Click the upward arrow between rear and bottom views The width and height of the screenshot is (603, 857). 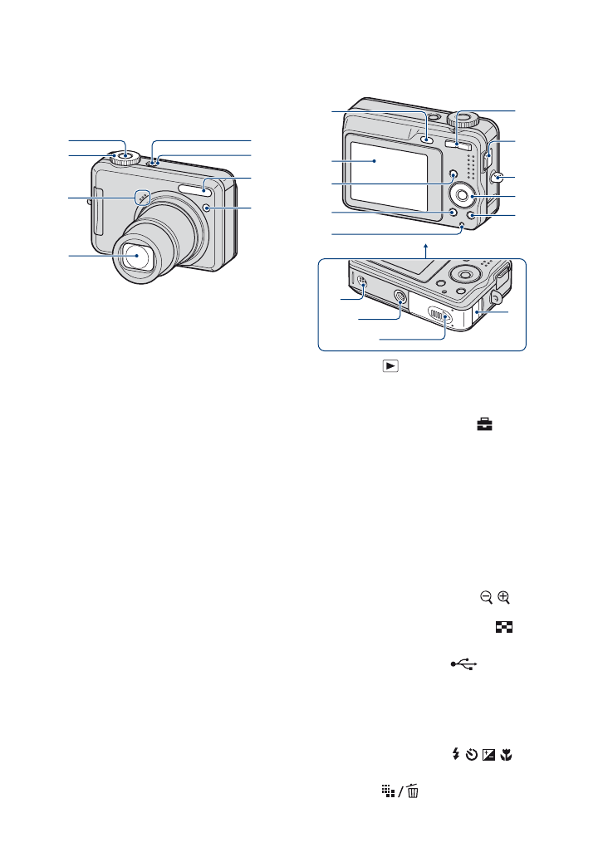[x=425, y=247]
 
